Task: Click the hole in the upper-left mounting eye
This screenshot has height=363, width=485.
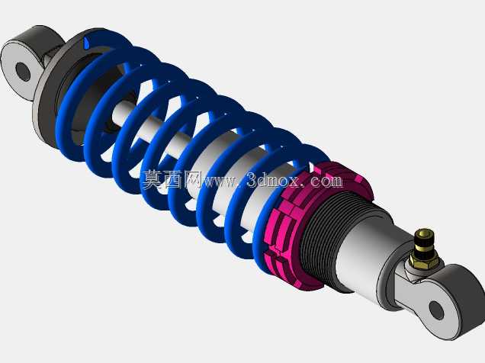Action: click(x=23, y=72)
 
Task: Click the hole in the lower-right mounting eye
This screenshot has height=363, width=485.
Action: click(x=436, y=310)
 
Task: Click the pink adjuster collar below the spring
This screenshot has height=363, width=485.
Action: click(x=313, y=223)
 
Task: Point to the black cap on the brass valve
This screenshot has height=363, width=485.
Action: click(x=425, y=239)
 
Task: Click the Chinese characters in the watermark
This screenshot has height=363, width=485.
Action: click(x=172, y=180)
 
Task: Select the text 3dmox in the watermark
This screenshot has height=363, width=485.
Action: click(x=273, y=180)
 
